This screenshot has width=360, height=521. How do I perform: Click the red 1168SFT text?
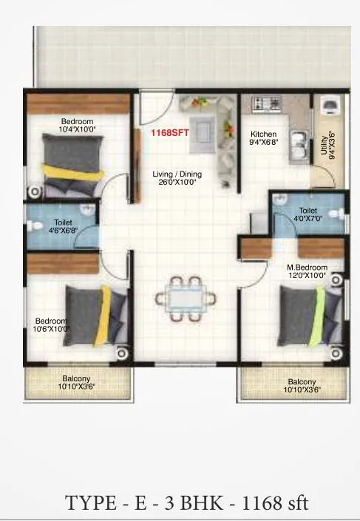169,134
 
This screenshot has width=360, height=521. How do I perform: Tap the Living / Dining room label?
177,178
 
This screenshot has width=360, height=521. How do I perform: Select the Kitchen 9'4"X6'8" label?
264,138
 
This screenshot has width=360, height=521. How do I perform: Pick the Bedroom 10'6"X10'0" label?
52,324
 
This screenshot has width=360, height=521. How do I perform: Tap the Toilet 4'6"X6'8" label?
62,225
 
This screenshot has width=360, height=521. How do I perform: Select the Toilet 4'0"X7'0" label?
308,214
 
